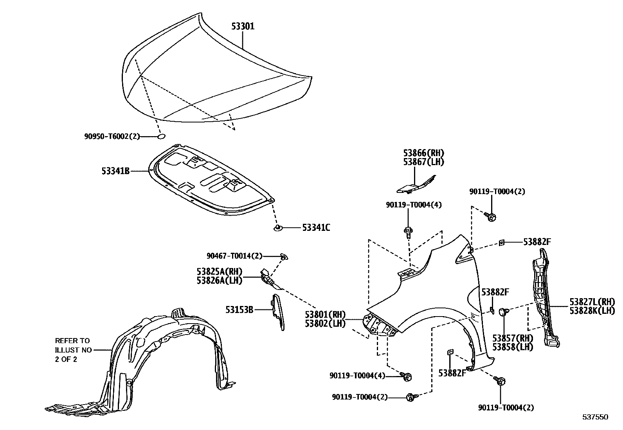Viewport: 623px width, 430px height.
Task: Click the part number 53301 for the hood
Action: pos(243,27)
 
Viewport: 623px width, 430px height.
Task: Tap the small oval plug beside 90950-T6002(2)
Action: pos(161,137)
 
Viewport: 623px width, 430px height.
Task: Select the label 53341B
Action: pos(115,171)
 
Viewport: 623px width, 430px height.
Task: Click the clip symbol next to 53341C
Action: pos(278,227)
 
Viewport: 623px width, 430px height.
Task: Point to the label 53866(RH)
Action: pos(424,153)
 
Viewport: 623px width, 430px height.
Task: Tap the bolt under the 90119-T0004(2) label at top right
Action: pos(490,216)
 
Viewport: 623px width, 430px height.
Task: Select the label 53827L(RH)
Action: pos(592,302)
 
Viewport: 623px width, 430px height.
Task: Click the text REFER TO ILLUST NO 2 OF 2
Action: pos(72,350)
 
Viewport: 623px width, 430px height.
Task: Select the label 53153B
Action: pos(239,309)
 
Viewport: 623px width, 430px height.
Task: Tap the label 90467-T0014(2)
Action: pos(234,256)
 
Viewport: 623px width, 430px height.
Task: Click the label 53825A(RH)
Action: pos(220,272)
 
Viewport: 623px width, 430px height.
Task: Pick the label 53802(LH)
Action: pos(325,324)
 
